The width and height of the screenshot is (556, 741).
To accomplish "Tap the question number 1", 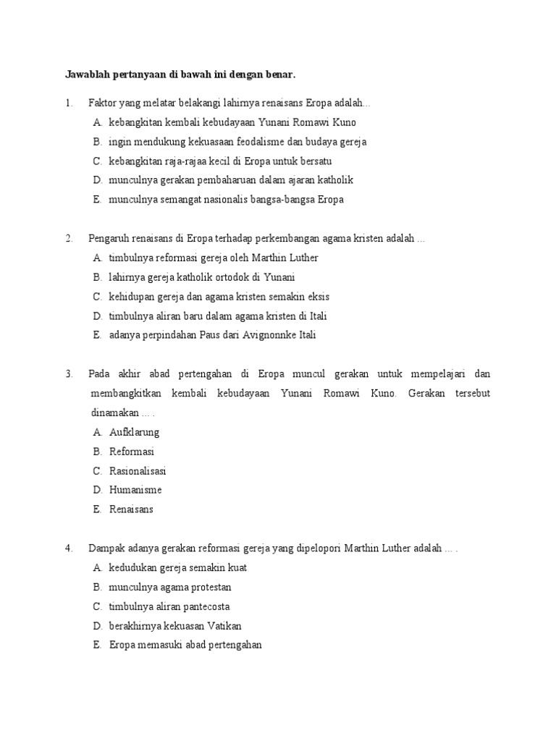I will point(68,103).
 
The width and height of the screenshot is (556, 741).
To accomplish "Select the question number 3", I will point(68,374).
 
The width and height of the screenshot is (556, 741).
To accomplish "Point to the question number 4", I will point(68,549).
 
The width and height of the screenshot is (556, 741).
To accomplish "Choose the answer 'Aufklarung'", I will point(134,432).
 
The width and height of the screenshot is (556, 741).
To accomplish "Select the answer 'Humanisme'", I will point(135,490).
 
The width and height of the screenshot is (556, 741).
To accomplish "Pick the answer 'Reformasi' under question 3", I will point(132,452).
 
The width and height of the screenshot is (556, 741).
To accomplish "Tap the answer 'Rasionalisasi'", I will point(138,471).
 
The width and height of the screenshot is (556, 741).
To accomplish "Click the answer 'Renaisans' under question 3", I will point(131,509).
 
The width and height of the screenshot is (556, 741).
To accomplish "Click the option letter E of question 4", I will point(96,645).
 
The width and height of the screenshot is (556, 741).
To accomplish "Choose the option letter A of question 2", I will point(96,258).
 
